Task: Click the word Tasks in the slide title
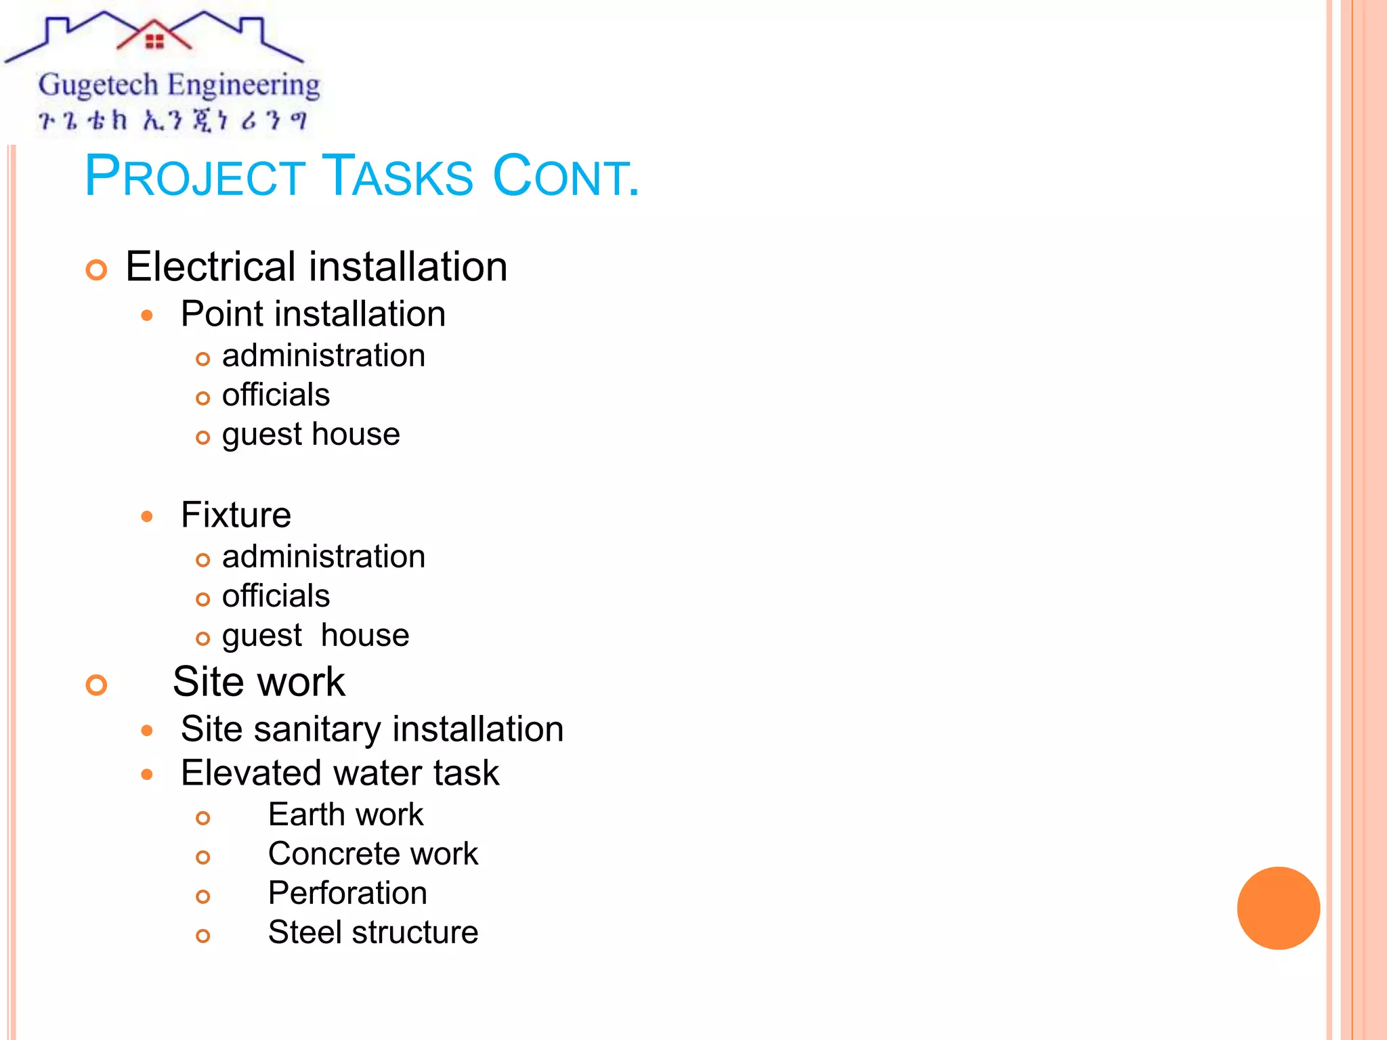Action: tap(397, 176)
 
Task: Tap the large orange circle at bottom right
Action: tap(1278, 908)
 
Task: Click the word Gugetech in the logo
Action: tap(98, 86)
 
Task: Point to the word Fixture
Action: tap(236, 515)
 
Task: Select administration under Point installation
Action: tap(323, 355)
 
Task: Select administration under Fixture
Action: tap(323, 557)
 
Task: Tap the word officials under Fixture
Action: tap(276, 596)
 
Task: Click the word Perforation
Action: tap(347, 892)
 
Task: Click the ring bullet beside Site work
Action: tap(97, 685)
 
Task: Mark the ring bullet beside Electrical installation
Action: tap(97, 269)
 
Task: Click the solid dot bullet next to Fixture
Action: tap(147, 517)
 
